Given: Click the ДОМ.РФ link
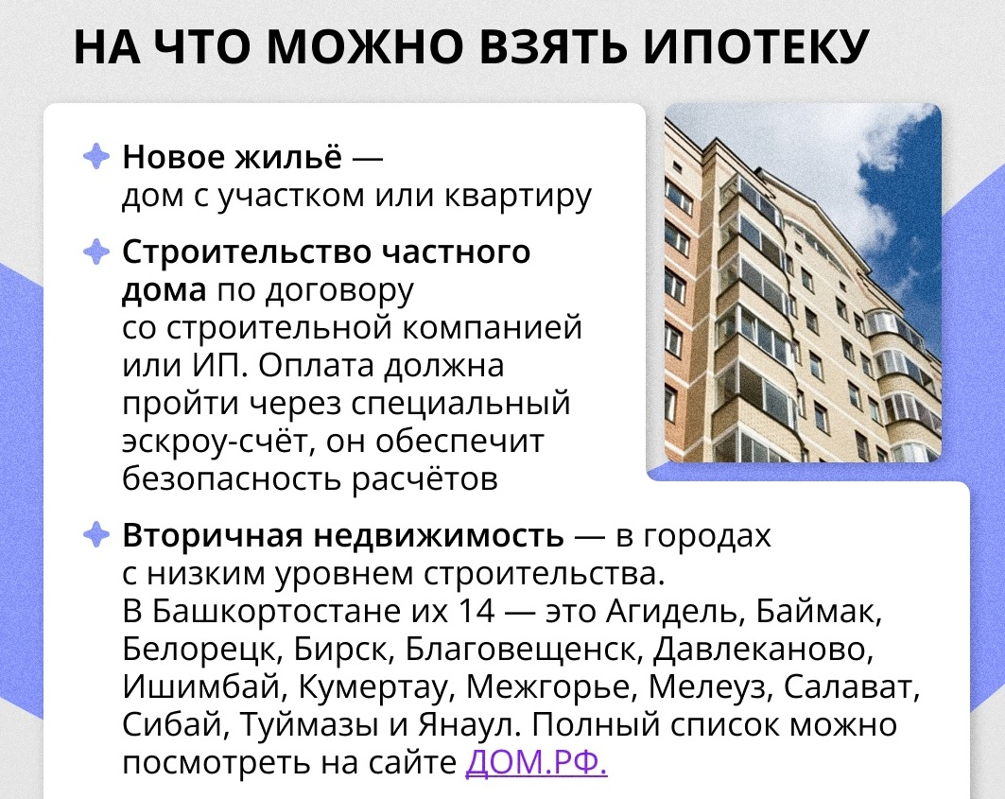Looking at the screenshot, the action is coord(536,762).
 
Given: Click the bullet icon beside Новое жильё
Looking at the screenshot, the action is coord(96,156).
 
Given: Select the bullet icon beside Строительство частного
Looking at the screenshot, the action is coord(96,252).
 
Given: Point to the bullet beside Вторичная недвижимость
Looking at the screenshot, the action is coord(96,534).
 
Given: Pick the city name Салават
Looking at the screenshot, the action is coord(852,686).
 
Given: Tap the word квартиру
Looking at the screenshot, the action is coord(518,197).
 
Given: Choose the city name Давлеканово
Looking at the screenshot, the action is coord(763,650).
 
